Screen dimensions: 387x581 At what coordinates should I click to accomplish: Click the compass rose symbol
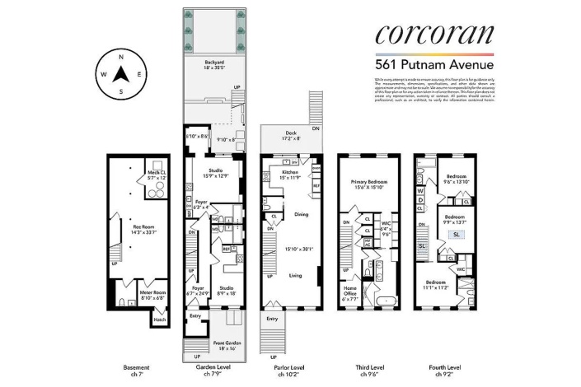120,74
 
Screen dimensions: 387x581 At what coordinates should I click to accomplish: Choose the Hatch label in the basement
161,319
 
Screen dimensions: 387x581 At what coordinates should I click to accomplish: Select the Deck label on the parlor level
290,133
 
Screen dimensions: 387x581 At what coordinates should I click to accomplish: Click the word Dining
301,215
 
